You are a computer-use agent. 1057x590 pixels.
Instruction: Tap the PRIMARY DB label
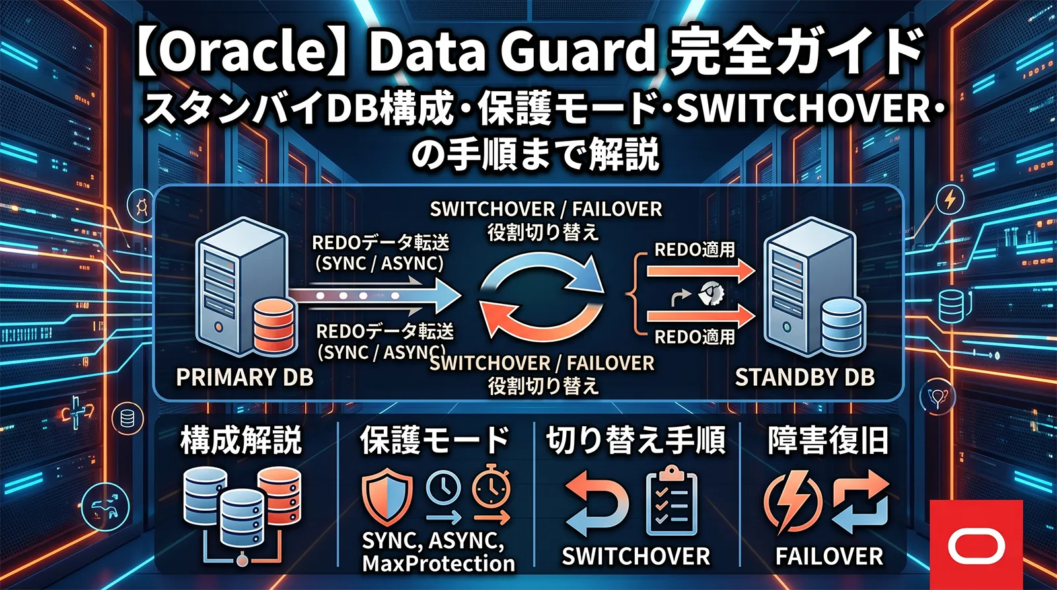pos(244,377)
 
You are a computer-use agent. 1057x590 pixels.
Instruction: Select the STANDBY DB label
pos(805,377)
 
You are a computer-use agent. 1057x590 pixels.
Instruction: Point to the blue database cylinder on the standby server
pos(842,326)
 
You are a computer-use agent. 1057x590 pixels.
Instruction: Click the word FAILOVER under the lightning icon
pos(829,556)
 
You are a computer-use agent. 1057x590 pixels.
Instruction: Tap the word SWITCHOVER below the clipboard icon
pos(636,556)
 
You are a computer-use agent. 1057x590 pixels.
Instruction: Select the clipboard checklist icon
pos(671,502)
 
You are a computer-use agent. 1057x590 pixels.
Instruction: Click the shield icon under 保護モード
pos(387,496)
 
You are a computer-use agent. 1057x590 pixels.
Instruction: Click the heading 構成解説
pos(241,441)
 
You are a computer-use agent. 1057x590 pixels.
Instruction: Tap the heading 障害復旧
pos(828,441)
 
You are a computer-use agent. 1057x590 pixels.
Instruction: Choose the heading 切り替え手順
pos(636,441)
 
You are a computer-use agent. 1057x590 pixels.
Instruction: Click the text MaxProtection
pos(438,564)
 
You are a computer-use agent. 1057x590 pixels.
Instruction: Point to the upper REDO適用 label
pos(694,250)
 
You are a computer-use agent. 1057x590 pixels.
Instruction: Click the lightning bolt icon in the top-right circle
pos(949,199)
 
